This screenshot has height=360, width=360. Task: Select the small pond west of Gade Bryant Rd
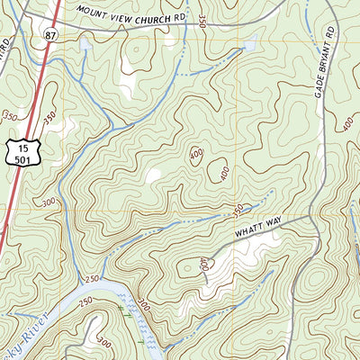tap(247, 41)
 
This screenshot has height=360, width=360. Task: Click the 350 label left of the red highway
tap(12, 115)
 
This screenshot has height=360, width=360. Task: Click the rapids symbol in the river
tap(126, 312)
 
